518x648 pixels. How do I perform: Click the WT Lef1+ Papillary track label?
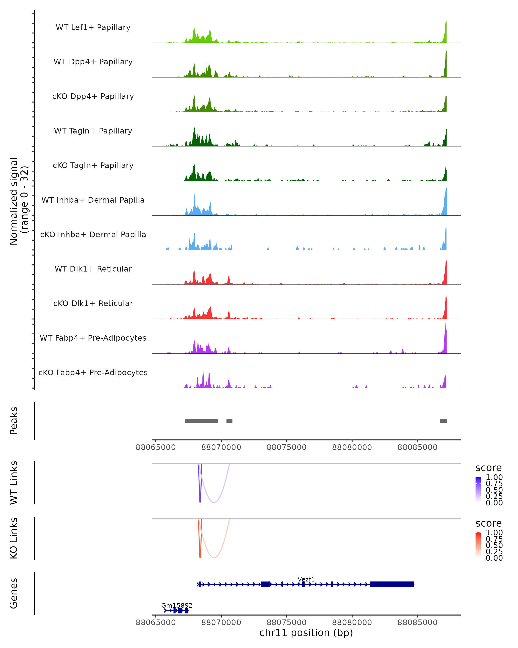[93, 27]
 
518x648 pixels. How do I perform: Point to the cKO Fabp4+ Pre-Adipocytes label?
[93, 372]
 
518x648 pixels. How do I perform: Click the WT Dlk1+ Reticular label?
[93, 269]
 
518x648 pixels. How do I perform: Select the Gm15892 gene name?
[177, 605]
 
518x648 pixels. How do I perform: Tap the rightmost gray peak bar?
[443, 421]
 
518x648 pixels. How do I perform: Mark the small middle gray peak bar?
[229, 421]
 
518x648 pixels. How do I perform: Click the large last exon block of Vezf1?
[392, 584]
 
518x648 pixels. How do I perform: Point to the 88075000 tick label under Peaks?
[286, 447]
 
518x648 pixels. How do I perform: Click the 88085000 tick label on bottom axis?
[417, 623]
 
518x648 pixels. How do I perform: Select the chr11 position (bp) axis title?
[306, 633]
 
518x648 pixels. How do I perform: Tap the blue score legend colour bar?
[478, 490]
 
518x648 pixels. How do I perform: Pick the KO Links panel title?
[14, 538]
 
